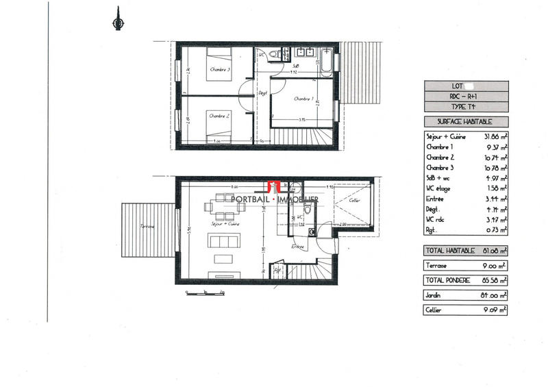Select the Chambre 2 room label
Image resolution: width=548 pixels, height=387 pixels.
pyautogui.click(x=219, y=116)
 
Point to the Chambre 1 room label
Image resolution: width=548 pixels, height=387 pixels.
pyautogui.click(x=303, y=99)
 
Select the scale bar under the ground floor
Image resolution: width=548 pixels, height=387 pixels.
pyautogui.click(x=206, y=293)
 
